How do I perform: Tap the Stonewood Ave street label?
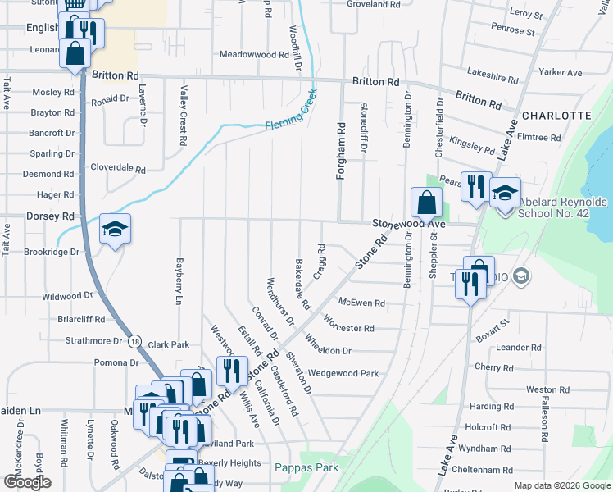409,223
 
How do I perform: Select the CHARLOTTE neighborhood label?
556,116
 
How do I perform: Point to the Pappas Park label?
306,467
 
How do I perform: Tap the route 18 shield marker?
135,340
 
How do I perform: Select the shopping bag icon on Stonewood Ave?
426,202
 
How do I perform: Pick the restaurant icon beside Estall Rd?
232,370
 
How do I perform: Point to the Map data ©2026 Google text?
563,485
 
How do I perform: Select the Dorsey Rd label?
50,216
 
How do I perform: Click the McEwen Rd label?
361,303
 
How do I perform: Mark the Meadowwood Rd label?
255,55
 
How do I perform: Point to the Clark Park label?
168,345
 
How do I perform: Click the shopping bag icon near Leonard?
75,52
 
